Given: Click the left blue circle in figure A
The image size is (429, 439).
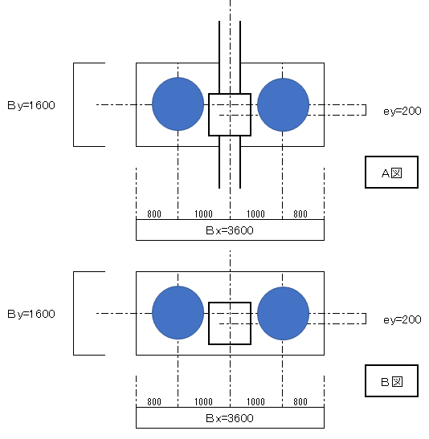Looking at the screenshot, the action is [x=178, y=104].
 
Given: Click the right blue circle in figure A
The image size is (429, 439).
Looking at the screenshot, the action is [x=284, y=104].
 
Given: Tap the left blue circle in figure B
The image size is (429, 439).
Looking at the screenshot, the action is [x=178, y=313].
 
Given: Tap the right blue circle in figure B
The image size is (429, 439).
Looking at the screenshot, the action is [x=284, y=313].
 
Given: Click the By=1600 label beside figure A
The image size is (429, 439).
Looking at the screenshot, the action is [x=31, y=106].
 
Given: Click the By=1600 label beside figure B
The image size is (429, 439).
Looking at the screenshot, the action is [x=31, y=314].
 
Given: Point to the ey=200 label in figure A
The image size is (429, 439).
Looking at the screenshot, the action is [x=402, y=111].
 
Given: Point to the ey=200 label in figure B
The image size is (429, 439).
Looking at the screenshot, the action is [x=402, y=319].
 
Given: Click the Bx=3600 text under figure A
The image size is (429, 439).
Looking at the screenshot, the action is [x=230, y=230].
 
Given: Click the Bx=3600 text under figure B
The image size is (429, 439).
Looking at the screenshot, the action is [x=230, y=418].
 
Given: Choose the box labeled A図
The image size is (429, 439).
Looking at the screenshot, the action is [x=392, y=173].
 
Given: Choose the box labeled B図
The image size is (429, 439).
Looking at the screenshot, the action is [x=392, y=380].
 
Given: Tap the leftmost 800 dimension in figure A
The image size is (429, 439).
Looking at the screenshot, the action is [x=154, y=214].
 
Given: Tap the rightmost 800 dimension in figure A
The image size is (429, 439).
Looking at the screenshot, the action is [x=300, y=214].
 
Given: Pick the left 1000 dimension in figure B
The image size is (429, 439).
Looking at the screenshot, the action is [x=204, y=402].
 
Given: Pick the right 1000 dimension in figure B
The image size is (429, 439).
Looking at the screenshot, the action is [x=255, y=402].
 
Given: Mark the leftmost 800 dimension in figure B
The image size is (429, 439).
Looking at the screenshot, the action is [x=154, y=402].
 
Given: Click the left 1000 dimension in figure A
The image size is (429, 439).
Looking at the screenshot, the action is [x=204, y=214].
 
